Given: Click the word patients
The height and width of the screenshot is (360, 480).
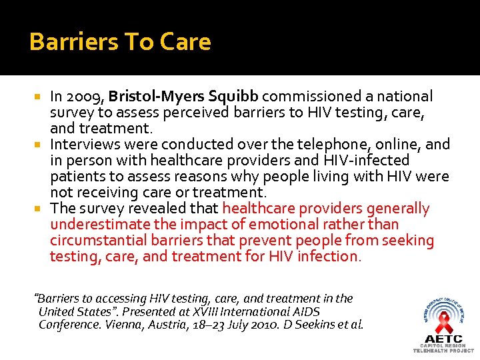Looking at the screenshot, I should click(x=75, y=177).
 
